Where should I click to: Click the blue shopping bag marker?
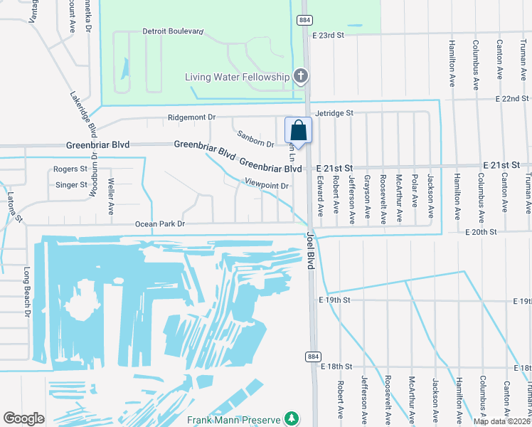tap(299, 132)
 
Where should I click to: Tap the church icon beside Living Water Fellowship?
tap(301, 76)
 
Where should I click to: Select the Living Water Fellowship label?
tap(238, 77)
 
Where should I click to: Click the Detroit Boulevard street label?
tap(174, 32)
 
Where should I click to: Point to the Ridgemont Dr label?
tap(191, 117)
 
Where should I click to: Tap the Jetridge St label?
tap(334, 113)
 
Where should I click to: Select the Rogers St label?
tap(70, 169)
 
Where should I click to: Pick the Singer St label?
tap(70, 185)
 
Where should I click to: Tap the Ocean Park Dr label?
tap(160, 224)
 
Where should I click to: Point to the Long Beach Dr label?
tap(28, 292)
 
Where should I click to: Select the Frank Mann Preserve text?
tap(234, 419)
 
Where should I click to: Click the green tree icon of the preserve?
tap(290, 418)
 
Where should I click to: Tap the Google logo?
tap(23, 418)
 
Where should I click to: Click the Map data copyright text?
tap(501, 421)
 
